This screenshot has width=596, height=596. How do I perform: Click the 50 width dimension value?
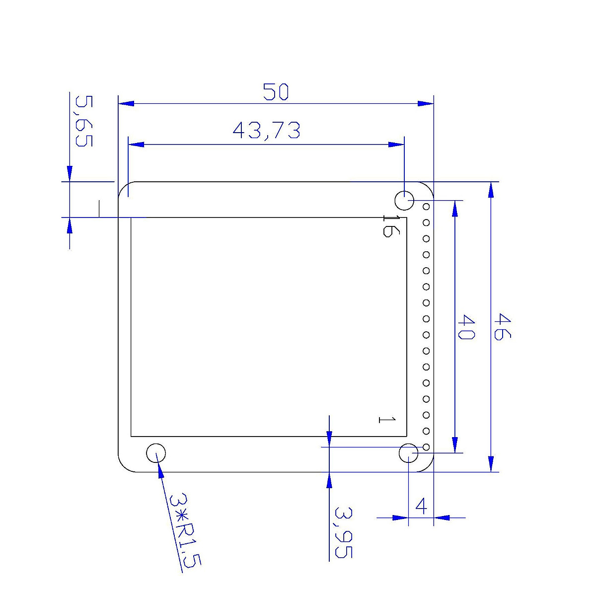click(x=276, y=92)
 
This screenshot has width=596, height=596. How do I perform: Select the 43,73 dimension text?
click(x=267, y=131)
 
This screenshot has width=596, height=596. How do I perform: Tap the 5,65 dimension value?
click(x=83, y=121)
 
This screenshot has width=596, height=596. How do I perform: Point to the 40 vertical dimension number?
click(x=465, y=327)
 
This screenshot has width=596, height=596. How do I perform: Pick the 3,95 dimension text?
click(x=343, y=532)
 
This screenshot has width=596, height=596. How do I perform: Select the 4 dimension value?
click(x=421, y=507)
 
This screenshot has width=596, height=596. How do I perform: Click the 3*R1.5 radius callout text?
click(x=185, y=530)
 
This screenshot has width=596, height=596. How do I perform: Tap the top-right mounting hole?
click(x=404, y=201)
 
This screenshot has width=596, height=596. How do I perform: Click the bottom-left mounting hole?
click(x=156, y=452)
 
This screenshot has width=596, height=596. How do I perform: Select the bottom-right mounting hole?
click(x=408, y=452)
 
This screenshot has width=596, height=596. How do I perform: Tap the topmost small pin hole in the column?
click(x=426, y=206)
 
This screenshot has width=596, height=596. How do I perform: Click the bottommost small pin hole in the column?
click(x=426, y=447)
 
